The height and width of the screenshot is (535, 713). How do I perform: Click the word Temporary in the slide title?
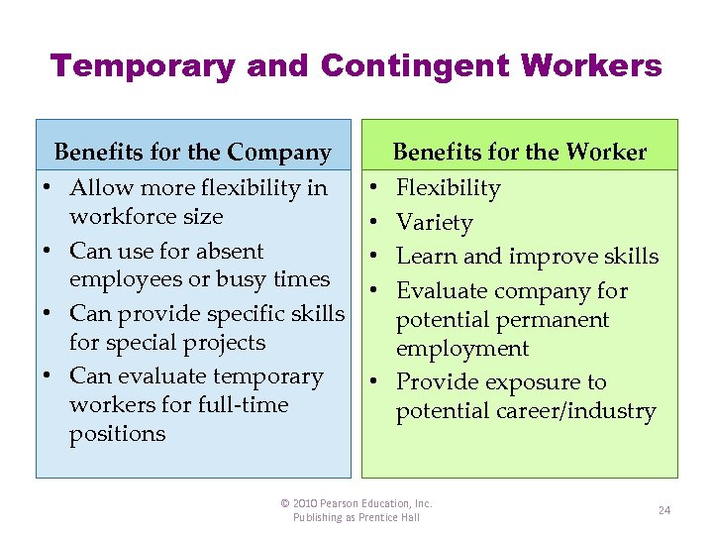143,66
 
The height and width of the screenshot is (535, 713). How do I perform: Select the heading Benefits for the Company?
192,153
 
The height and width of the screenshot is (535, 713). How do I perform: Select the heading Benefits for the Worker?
520,153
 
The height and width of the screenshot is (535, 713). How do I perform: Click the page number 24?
664,510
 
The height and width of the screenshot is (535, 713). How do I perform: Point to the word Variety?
434,223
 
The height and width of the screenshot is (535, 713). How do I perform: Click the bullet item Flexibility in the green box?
448,188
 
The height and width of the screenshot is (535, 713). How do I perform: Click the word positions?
117,434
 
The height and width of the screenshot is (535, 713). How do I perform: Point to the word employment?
462,349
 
